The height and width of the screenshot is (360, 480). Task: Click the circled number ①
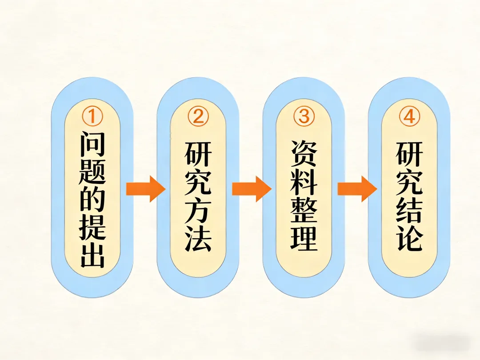coord(92,117)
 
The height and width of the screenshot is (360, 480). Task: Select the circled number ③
coord(304,117)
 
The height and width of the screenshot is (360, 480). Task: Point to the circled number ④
coord(409,117)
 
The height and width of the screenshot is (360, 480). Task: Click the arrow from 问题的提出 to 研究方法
coord(145,189)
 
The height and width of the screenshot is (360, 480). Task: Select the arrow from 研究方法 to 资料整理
coord(251,189)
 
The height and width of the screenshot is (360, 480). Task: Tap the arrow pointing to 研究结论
coord(357,189)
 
